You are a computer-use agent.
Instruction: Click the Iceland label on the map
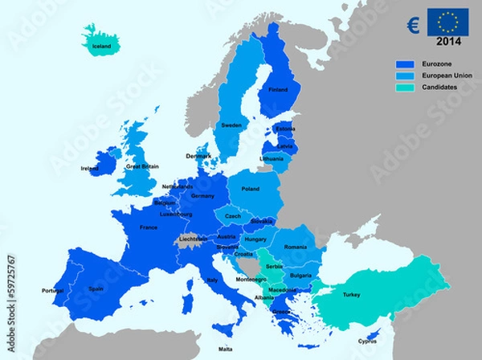101,47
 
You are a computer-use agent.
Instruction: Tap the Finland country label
278,90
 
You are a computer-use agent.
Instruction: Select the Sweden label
231,126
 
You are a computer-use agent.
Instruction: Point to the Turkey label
352,295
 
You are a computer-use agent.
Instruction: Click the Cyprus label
367,341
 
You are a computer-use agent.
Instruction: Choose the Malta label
226,350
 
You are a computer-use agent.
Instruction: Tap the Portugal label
52,291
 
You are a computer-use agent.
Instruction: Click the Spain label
96,288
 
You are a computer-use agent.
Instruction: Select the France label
148,227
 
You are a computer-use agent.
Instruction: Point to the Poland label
251,189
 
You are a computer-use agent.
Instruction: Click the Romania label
296,247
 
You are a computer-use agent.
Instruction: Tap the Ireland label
90,169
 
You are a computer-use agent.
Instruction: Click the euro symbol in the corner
412,24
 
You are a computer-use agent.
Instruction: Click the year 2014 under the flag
448,41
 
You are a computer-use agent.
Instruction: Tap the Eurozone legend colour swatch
406,63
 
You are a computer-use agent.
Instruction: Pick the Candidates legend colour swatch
406,87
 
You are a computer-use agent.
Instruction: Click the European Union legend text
447,75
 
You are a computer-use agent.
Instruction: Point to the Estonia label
285,129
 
